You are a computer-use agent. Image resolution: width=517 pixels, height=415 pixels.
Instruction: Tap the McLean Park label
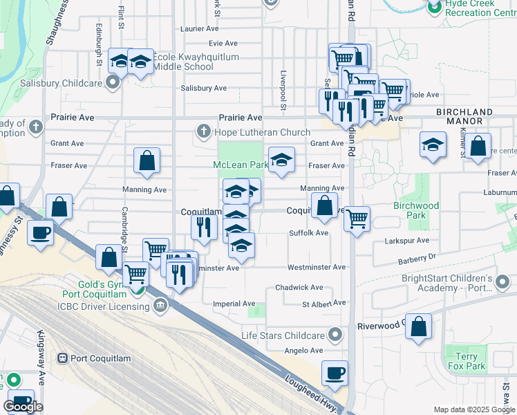[240, 165]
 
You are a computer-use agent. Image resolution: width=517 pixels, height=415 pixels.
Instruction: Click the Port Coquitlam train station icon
[62, 358]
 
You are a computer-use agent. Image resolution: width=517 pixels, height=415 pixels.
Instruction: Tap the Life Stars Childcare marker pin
[336, 335]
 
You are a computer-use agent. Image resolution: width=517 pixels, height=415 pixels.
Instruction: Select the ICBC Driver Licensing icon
[160, 305]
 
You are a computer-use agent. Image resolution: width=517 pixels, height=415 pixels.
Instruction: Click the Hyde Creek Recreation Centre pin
[434, 8]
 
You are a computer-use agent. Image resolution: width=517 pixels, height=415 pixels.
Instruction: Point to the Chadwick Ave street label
[299, 287]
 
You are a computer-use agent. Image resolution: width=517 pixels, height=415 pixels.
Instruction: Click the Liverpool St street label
[283, 90]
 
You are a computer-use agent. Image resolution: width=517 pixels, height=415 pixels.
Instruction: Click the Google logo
[23, 407]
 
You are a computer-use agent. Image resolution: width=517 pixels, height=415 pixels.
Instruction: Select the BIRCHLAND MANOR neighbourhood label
[464, 116]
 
